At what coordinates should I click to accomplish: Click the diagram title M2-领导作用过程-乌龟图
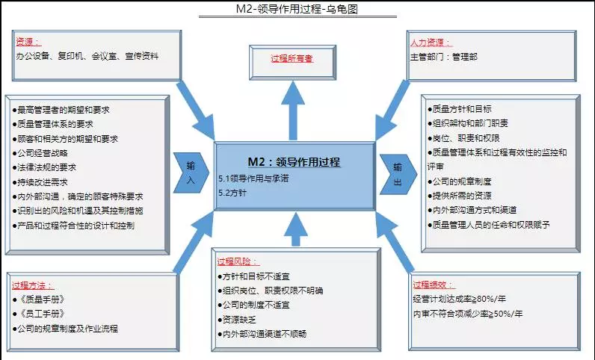[x=297, y=8]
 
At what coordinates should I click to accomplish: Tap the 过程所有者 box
[x=292, y=63]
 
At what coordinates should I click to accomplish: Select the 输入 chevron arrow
[x=191, y=173]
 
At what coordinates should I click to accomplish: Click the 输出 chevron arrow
[x=398, y=174]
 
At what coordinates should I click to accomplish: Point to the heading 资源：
[x=28, y=41]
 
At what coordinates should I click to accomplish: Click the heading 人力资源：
[x=431, y=42]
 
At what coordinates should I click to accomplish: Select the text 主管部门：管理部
[x=443, y=57]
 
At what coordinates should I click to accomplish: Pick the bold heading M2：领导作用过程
[x=294, y=162]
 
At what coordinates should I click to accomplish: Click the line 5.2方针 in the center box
[x=232, y=193]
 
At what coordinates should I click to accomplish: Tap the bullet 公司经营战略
[x=40, y=153]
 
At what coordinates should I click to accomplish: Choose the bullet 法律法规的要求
[x=44, y=167]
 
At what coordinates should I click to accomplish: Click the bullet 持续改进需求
[x=40, y=182]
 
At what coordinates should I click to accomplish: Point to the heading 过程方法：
[x=33, y=285]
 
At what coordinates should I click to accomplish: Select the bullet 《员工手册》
[x=39, y=314]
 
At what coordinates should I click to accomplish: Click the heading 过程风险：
[x=238, y=261]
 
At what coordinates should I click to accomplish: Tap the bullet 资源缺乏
[x=237, y=320]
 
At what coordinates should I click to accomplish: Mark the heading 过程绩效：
[x=434, y=285]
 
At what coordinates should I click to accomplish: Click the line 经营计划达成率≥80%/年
[x=459, y=299]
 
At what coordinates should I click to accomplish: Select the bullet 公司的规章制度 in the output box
[x=459, y=181]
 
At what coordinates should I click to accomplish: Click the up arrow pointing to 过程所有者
[x=293, y=111]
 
